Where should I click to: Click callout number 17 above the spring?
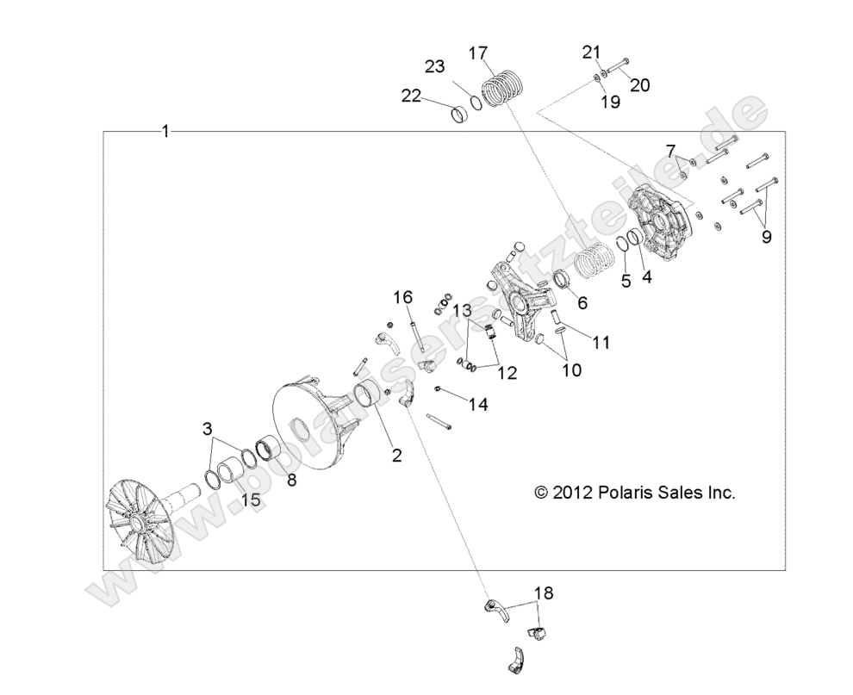click(x=478, y=53)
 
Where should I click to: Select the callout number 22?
click(x=410, y=96)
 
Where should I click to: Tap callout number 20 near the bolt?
click(x=639, y=84)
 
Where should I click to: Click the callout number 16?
click(x=403, y=297)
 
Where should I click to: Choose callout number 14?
click(x=476, y=403)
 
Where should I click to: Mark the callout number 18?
click(x=544, y=593)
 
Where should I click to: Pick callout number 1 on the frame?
click(x=165, y=131)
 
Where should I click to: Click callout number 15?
click(x=249, y=500)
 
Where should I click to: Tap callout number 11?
click(x=601, y=342)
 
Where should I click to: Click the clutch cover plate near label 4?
click(x=659, y=223)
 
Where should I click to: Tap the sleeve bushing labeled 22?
click(x=466, y=115)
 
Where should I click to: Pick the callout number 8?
click(x=291, y=481)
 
